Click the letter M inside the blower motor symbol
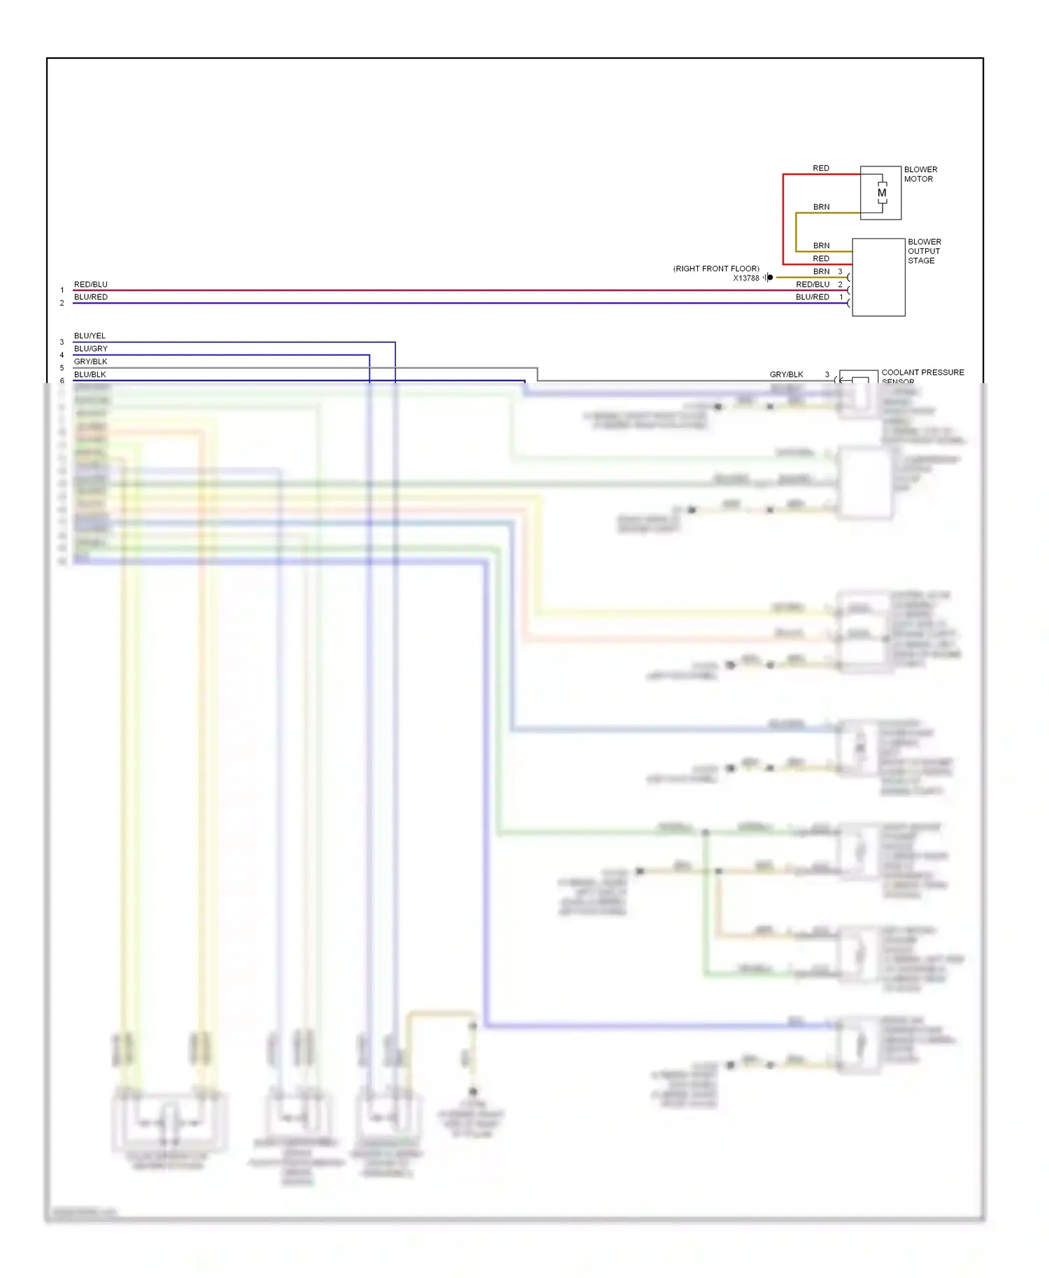point(882,193)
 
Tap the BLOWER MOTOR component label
point(920,174)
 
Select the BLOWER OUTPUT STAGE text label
point(924,251)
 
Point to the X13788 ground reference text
point(745,278)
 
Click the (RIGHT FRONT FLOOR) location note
point(716,268)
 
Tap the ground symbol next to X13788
point(769,278)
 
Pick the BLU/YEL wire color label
point(90,336)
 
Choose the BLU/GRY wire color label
point(91,348)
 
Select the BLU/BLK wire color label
point(90,374)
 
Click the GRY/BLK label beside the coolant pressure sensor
point(786,374)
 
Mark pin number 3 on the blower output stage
point(840,271)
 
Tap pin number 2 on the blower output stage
point(840,285)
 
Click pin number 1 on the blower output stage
point(841,297)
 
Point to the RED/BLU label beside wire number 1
point(91,285)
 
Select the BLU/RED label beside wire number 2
point(91,297)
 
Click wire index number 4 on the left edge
point(62,355)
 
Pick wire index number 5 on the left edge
point(62,368)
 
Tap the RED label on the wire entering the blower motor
point(821,168)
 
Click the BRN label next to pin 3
point(821,271)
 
